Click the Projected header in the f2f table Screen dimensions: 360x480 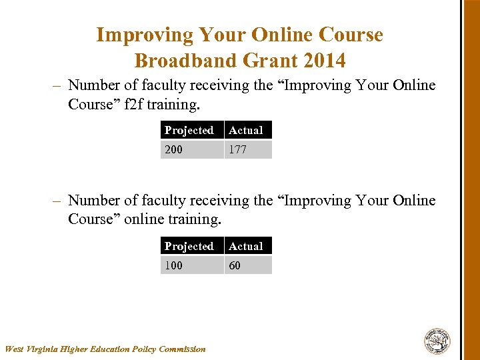click(189, 130)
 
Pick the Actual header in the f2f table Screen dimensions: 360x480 click(246, 130)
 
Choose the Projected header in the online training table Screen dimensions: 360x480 click(189, 246)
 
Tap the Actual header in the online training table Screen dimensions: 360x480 click(246, 246)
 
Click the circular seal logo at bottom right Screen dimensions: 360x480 click(437, 341)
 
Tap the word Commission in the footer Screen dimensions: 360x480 click(183, 349)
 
